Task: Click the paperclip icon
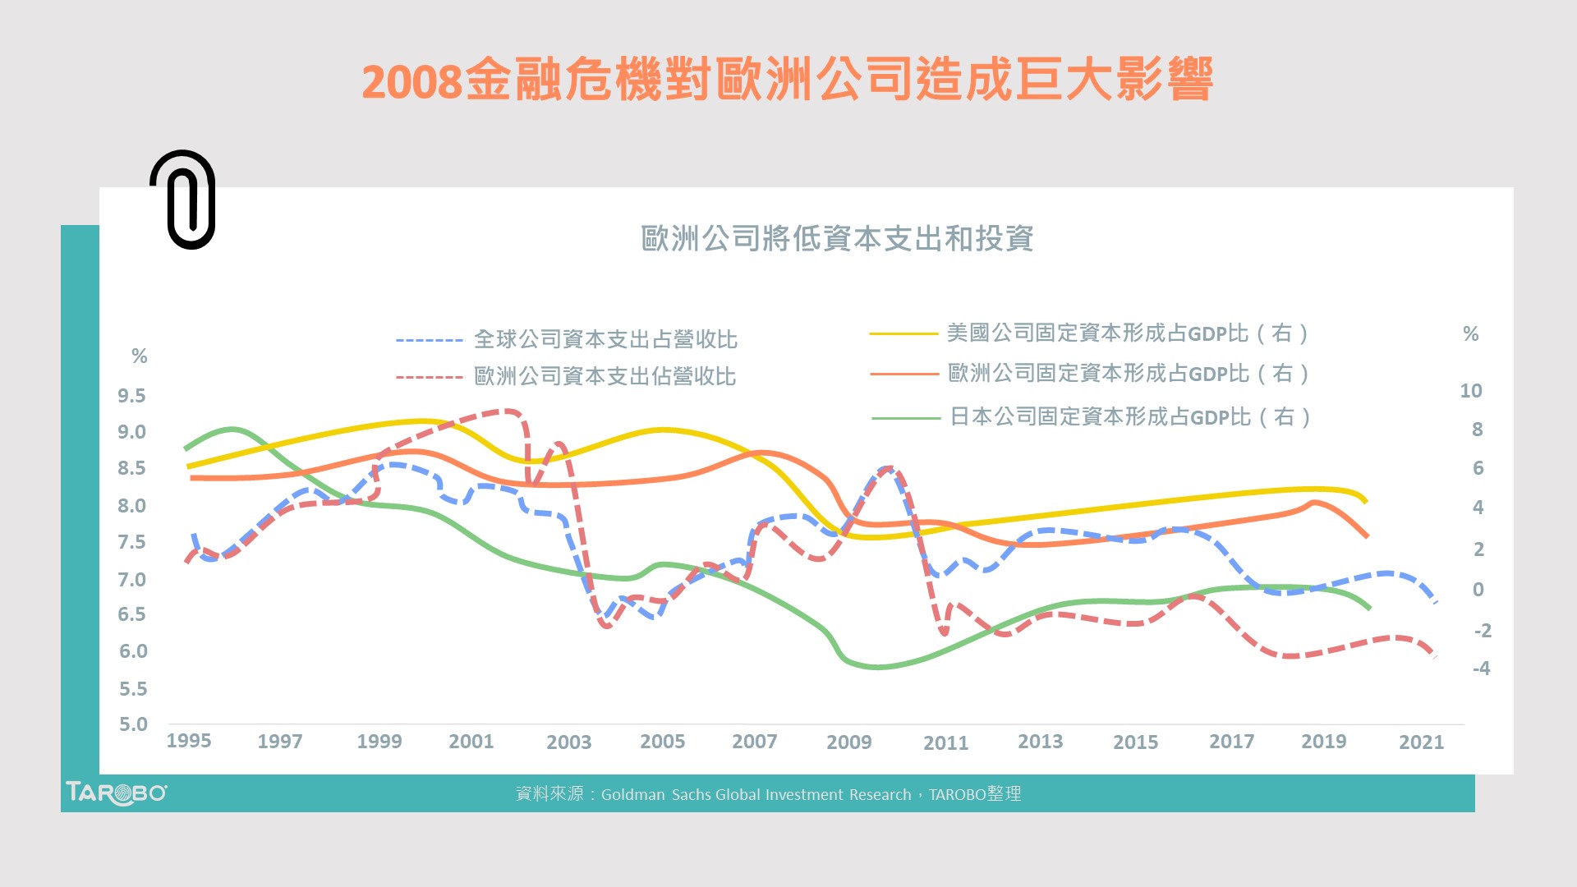coord(183,200)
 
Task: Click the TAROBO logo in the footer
coord(116,793)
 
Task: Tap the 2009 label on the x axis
coord(848,742)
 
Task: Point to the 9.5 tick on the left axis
coord(131,396)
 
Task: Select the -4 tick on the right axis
coord(1481,669)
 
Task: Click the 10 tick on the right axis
coord(1470,391)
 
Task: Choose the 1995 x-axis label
coord(189,741)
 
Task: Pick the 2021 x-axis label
coord(1421,742)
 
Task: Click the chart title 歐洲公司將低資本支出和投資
coord(836,239)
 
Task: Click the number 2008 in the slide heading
coord(411,81)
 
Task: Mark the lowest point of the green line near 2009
coord(876,667)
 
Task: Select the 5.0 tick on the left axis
coord(133,724)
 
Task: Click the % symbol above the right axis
coord(1470,334)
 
